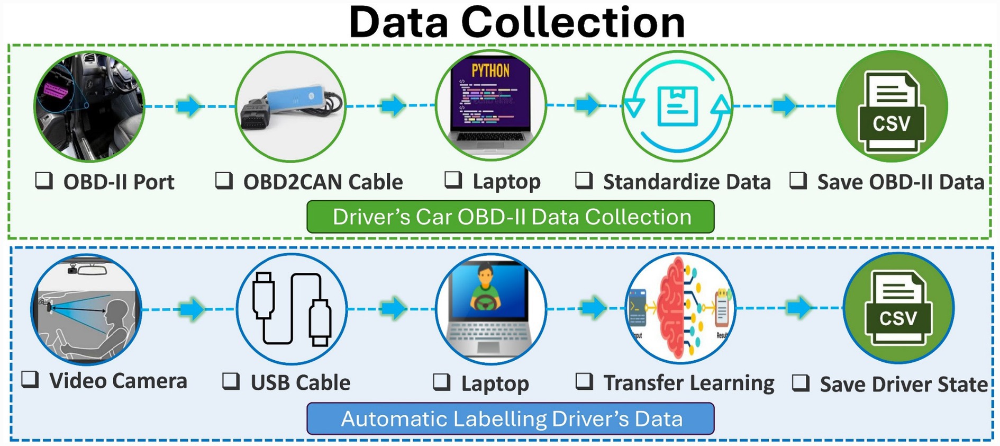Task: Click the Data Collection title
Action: [516, 22]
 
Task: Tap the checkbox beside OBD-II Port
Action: [44, 181]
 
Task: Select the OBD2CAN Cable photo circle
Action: [290, 106]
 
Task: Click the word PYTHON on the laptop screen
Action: [490, 70]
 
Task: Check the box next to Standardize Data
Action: [584, 181]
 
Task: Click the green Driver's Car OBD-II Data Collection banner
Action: [511, 217]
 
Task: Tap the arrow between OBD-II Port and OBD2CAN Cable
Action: [189, 105]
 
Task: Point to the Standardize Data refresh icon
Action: [677, 106]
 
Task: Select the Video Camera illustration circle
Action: [86, 309]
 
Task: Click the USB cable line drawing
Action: [292, 309]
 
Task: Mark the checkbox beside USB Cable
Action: [231, 381]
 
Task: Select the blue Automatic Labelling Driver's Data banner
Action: [511, 419]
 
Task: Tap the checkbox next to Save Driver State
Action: [801, 382]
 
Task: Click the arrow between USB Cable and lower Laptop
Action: [393, 308]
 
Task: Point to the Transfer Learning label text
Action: [689, 383]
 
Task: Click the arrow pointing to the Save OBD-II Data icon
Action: [784, 105]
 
